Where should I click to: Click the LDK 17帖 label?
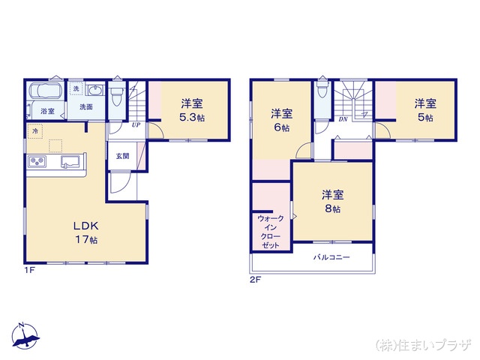pyautogui.click(x=85, y=232)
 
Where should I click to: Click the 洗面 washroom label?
pyautogui.click(x=86, y=107)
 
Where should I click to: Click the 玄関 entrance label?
pyautogui.click(x=121, y=157)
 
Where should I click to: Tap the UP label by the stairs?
pyautogui.click(x=136, y=124)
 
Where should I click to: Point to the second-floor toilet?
pyautogui.click(x=321, y=91)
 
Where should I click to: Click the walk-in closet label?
pyautogui.click(x=270, y=232)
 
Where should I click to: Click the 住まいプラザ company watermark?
pyautogui.click(x=424, y=344)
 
